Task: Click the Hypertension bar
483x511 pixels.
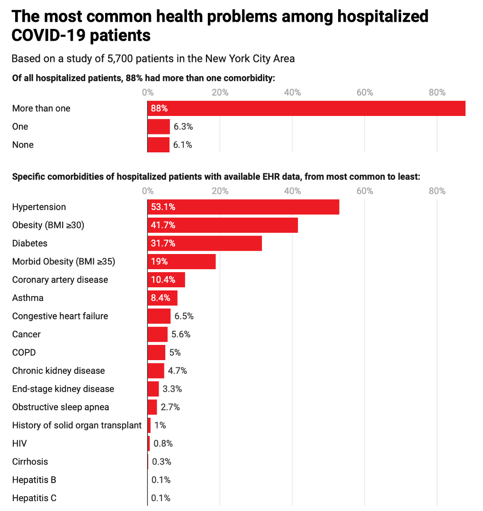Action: (x=243, y=207)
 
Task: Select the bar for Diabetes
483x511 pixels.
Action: (x=205, y=244)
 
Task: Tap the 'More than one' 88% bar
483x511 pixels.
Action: (x=306, y=108)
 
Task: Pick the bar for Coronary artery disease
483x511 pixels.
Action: (x=166, y=280)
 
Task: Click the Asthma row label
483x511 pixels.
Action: (x=28, y=298)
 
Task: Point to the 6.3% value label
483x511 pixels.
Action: (x=183, y=127)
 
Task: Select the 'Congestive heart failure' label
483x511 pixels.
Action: (x=60, y=316)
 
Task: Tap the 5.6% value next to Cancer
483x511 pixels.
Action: (x=181, y=335)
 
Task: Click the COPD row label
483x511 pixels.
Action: (x=24, y=352)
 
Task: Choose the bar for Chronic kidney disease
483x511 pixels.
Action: (x=156, y=371)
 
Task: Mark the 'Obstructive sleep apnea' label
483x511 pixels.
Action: (x=61, y=407)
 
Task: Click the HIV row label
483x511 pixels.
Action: (x=19, y=444)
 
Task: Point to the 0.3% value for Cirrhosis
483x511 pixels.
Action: (x=161, y=462)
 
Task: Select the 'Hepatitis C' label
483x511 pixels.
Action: (x=34, y=498)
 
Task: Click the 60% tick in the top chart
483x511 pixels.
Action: (x=365, y=92)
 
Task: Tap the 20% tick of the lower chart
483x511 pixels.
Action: (x=220, y=191)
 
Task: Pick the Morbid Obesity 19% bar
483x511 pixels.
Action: (x=182, y=262)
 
